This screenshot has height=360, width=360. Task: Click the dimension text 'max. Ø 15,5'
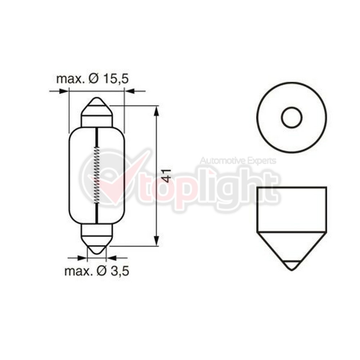pos(92,79)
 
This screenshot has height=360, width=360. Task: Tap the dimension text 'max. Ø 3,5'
pos(96,271)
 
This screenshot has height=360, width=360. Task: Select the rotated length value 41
pos(168,176)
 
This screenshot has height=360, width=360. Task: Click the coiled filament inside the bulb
pos(97,175)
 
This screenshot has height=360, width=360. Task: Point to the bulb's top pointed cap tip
pos(97,98)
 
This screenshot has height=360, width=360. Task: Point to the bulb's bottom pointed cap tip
pos(97,253)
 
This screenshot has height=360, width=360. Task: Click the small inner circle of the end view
pos(291,117)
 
